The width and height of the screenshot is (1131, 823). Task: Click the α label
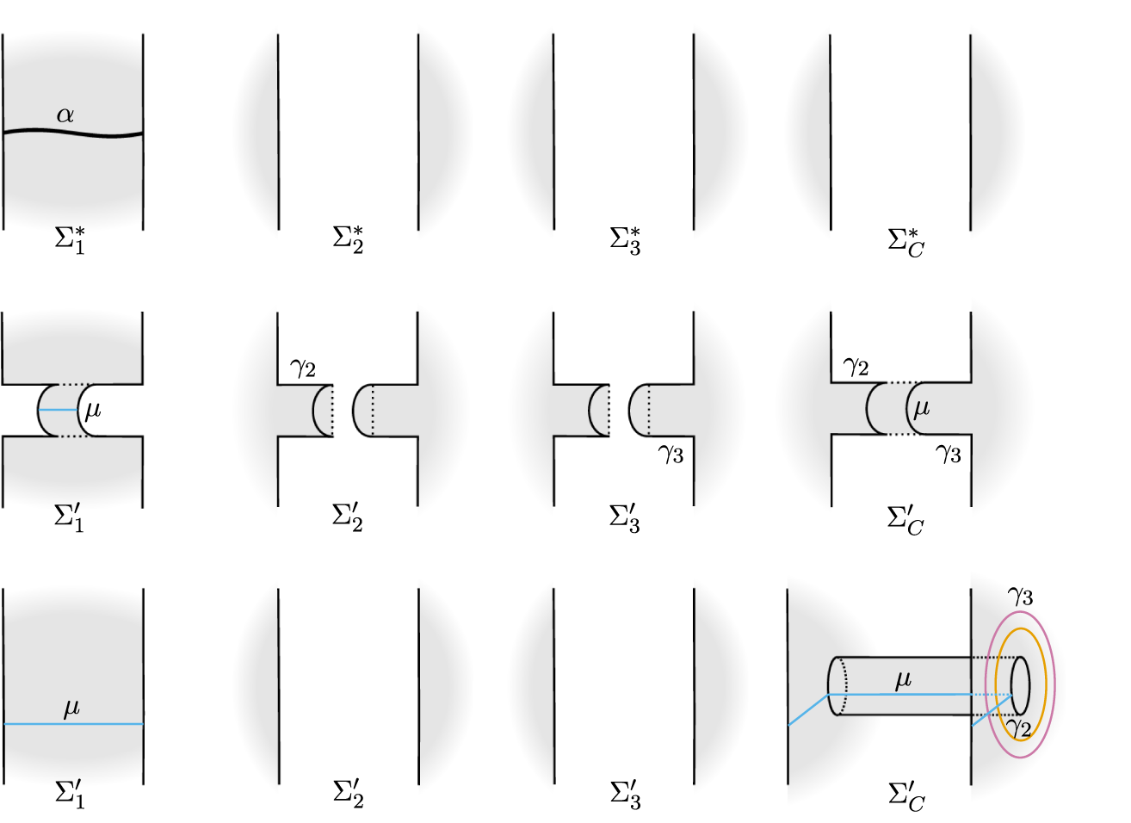point(65,115)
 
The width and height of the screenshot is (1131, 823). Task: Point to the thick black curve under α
point(73,133)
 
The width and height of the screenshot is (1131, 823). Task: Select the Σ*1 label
point(70,240)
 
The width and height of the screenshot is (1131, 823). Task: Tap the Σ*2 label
point(348,240)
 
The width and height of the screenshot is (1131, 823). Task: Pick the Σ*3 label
point(625,241)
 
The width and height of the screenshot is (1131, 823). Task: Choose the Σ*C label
point(905,243)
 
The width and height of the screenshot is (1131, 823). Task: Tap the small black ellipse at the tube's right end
point(1011,685)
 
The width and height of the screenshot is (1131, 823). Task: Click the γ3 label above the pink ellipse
point(1020,597)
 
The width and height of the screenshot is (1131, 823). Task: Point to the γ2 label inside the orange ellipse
point(1018,728)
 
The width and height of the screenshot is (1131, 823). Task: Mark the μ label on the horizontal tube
point(903,680)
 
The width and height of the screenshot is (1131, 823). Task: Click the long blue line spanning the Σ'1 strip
point(74,724)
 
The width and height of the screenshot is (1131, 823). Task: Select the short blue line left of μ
point(58,410)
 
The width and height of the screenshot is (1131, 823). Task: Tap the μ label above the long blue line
point(71,708)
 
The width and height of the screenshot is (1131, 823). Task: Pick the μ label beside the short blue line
point(93,411)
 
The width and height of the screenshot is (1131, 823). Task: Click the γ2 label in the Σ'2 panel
point(303,368)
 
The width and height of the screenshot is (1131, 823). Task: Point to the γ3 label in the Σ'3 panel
point(671,454)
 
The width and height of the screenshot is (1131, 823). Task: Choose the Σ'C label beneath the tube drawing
point(905,797)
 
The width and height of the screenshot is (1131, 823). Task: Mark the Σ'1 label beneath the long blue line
point(70,795)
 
